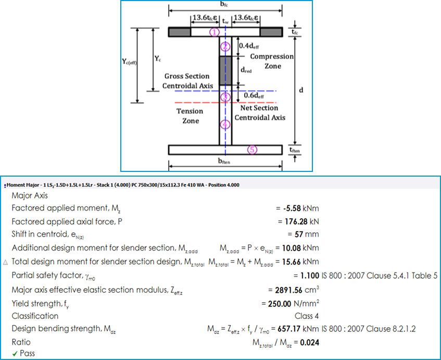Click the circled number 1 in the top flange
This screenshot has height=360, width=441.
coord(215,32)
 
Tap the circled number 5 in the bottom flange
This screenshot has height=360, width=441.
coord(252,150)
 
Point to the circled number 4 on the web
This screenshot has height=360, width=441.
coord(225,125)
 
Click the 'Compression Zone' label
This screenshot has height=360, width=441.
coord(272,61)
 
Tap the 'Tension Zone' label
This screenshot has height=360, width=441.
coord(190,116)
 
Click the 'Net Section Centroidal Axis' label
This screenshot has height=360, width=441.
coord(260,113)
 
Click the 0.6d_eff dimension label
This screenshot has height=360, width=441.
coord(254,95)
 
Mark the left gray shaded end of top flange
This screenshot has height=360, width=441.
coord(180,32)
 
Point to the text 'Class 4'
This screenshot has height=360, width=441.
coord(307,316)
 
